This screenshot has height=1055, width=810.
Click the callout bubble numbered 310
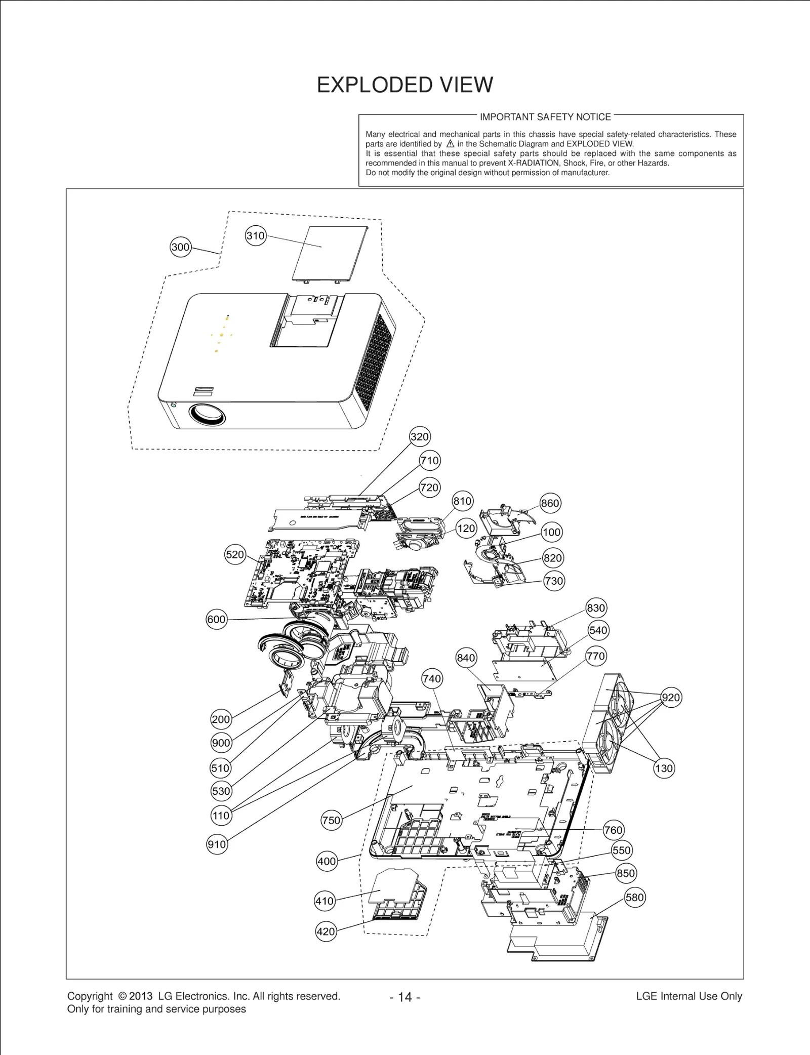click(x=256, y=236)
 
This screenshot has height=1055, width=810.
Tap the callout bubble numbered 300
click(x=180, y=247)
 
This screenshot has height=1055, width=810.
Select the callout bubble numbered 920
click(x=671, y=698)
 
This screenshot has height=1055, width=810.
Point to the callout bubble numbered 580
click(x=634, y=898)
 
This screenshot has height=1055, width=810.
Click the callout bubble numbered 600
click(x=216, y=620)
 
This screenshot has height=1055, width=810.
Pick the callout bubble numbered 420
click(x=326, y=931)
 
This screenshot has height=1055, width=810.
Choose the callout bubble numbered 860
click(x=550, y=503)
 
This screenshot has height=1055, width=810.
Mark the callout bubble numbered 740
click(x=432, y=678)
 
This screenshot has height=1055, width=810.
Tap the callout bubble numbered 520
click(x=235, y=554)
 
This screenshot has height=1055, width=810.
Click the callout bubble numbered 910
click(x=217, y=844)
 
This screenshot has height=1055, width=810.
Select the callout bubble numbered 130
click(x=664, y=768)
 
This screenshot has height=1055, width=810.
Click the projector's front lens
click(x=208, y=415)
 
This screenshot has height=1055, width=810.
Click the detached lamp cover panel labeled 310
click(x=329, y=252)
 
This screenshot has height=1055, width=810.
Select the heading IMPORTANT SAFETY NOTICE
click(x=545, y=117)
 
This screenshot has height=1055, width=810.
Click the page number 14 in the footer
click(x=405, y=997)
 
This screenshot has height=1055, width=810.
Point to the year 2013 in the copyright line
click(x=140, y=996)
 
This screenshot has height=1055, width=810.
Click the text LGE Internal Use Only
click(x=688, y=996)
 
